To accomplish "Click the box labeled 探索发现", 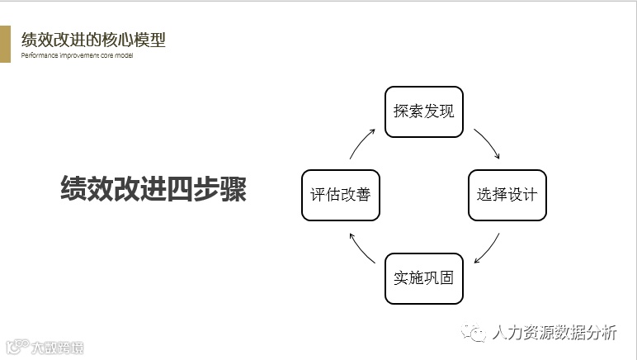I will click(x=424, y=111).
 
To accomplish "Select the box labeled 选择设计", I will click(x=507, y=195).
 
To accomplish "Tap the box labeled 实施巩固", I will click(x=424, y=277).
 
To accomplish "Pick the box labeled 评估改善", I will click(x=340, y=195).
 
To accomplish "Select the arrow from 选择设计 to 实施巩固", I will click(x=487, y=248).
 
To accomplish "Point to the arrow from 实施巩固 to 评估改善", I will click(x=361, y=248).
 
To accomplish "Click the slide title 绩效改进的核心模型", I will click(x=93, y=40).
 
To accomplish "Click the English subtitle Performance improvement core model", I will click(x=77, y=56).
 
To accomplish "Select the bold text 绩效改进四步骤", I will click(x=153, y=188).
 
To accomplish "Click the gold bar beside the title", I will click(x=5, y=44).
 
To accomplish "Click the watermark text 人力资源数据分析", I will click(x=554, y=333).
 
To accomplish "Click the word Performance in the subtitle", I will click(x=39, y=56).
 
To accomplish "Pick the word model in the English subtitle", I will click(x=124, y=56).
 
